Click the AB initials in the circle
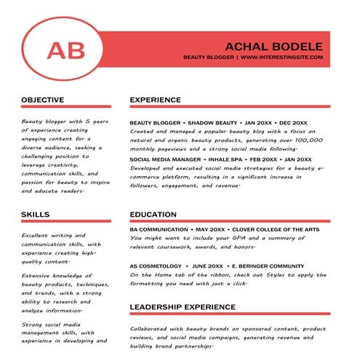pos(65,49)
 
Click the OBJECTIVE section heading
pos(42,100)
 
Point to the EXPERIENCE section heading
pos(155,100)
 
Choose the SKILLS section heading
pos(35,215)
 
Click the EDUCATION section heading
pos(153,215)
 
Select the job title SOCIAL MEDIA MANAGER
pos(165,159)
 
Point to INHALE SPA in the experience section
pos(228,159)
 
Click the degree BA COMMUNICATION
pos(159,229)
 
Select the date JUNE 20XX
pos(208,266)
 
